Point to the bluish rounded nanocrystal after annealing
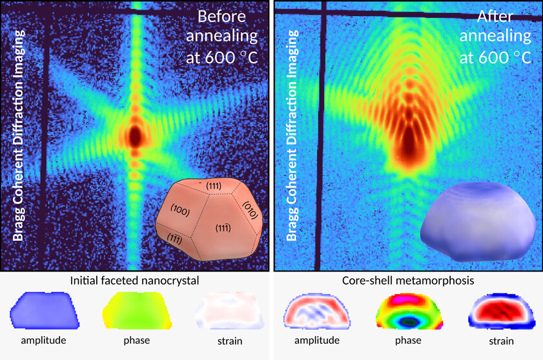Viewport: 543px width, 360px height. click(478, 214)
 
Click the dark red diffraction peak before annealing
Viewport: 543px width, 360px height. click(135, 135)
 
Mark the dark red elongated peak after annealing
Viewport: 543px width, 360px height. click(407, 139)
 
